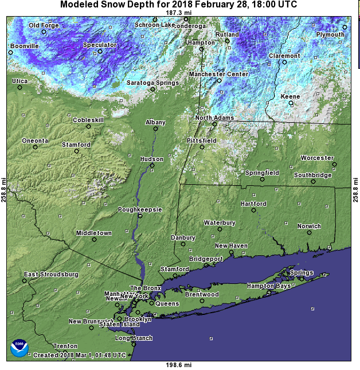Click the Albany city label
[x=155, y=122]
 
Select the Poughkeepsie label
[x=140, y=209]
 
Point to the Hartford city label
[x=253, y=204]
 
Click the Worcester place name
[x=317, y=158]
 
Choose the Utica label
[x=19, y=81]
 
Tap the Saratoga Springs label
[x=152, y=83]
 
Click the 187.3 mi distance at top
[x=177, y=12]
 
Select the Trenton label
[x=65, y=346]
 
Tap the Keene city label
[x=290, y=96]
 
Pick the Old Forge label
[x=44, y=25]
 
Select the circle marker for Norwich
[x=310, y=233]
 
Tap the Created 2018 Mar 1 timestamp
[x=79, y=355]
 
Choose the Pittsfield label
[x=201, y=140]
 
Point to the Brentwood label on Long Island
[x=202, y=294]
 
